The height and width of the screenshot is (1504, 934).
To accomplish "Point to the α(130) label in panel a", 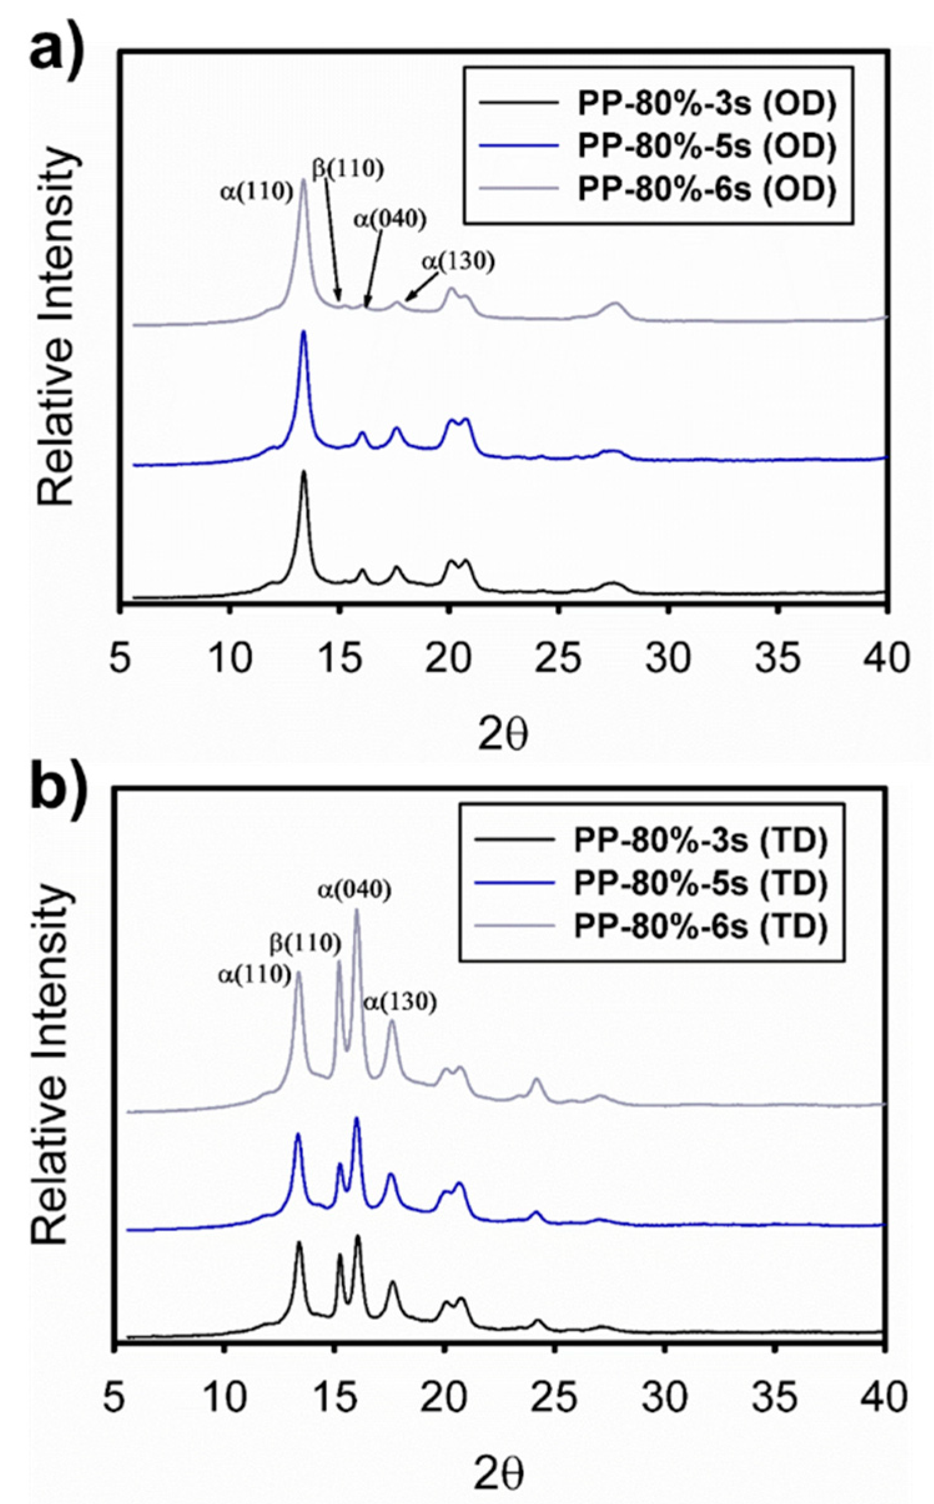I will point(458,262).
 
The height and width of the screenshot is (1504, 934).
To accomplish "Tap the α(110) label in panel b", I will point(255,975).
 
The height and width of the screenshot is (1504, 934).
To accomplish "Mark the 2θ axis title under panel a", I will point(503,735).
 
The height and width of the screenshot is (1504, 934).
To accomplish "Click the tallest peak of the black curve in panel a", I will point(304,472).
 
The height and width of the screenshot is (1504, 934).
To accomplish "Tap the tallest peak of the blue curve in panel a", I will point(304,332).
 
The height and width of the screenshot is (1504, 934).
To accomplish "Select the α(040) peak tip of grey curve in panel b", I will point(357,910).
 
